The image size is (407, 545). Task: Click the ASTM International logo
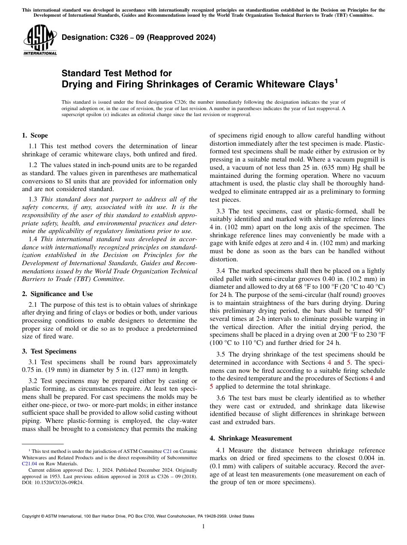tap(40, 40)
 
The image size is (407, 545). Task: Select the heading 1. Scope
tap(35, 135)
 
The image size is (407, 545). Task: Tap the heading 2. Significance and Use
tap(57, 294)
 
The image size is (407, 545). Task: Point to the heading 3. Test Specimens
tap(49, 351)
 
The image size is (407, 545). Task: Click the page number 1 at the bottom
tap(203, 526)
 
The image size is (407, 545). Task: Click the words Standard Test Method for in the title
tap(117, 73)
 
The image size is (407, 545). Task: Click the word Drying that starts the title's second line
tap(75, 85)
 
